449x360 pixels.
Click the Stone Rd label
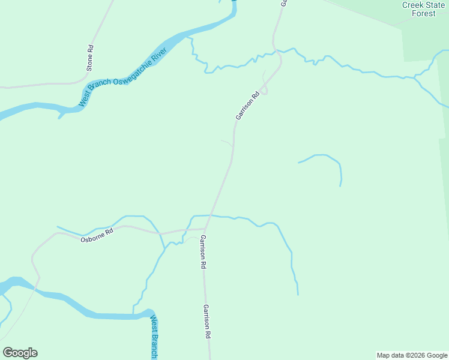(90, 58)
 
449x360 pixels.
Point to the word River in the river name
(158, 58)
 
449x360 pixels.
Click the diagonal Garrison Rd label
(247, 105)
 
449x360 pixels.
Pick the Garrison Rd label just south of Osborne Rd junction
(203, 252)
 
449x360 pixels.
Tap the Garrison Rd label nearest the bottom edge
(206, 322)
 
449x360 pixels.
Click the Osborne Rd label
(97, 236)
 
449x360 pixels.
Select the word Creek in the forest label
(414, 5)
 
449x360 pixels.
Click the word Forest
(424, 13)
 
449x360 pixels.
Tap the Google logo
(20, 353)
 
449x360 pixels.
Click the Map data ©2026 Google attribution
(412, 355)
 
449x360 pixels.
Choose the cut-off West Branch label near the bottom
(154, 337)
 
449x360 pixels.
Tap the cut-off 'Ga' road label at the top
(284, 3)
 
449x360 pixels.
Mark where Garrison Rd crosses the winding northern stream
(274, 51)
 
